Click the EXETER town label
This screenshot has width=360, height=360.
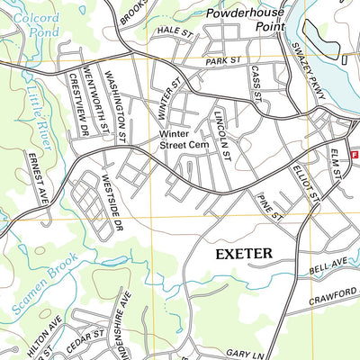pos(243,255)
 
